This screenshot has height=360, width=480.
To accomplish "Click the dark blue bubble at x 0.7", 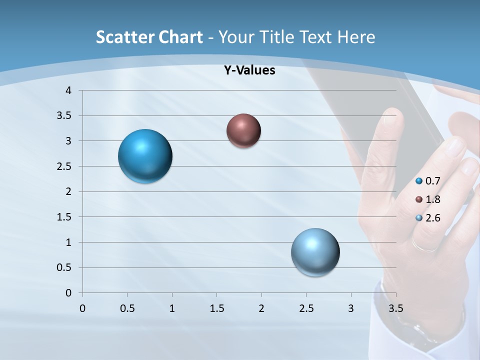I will coord(145,156).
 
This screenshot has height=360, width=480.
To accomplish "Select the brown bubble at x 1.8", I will coord(243,130).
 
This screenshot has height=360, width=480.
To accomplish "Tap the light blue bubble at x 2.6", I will coord(315,252).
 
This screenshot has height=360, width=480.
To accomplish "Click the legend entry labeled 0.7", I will coord(429,181).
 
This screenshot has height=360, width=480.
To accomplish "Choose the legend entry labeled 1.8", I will coord(429,199).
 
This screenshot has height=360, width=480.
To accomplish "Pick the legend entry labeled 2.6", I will coord(429,218).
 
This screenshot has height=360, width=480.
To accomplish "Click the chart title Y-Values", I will coord(249,70).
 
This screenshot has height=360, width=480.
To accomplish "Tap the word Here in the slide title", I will coord(356,37).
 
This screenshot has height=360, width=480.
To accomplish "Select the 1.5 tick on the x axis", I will coord(217,308).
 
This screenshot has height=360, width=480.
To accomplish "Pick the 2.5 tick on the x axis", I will coord(306,308).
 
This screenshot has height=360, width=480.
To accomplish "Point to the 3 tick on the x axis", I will coord(351,308).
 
